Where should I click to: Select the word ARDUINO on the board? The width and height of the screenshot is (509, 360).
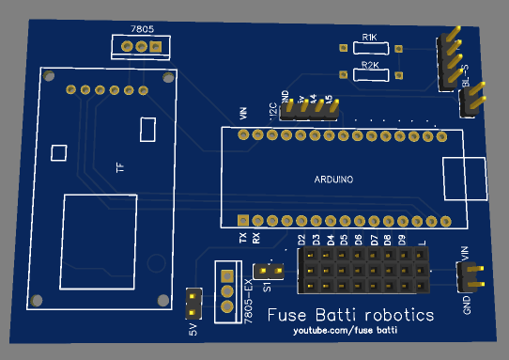[332, 180]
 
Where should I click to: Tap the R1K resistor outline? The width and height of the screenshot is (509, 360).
[370, 48]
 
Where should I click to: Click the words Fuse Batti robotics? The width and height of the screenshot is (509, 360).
[350, 315]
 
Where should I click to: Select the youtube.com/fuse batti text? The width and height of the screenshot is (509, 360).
[345, 332]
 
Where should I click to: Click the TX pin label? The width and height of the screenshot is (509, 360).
[243, 239]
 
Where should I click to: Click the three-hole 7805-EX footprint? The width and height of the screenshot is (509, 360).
[226, 291]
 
